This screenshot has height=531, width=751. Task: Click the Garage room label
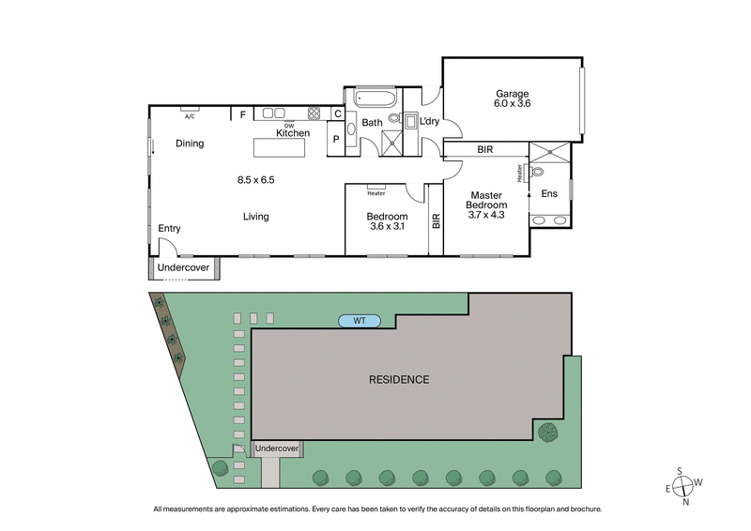tap(512, 94)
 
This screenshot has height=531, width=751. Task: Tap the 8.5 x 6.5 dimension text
tap(255, 179)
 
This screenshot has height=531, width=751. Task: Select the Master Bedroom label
tap(488, 200)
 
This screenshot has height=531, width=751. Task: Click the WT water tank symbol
tap(359, 321)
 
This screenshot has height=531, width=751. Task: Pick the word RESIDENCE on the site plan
tap(398, 380)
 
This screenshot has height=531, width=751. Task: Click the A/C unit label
tap(190, 116)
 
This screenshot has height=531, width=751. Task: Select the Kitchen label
tap(293, 134)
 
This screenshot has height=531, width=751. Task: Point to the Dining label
tap(190, 144)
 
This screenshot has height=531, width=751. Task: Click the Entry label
tap(169, 228)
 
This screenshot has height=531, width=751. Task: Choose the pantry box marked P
tap(334, 140)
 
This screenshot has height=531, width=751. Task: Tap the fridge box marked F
tap(242, 114)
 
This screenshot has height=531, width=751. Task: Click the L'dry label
tap(430, 122)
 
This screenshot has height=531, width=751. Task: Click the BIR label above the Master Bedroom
tap(484, 150)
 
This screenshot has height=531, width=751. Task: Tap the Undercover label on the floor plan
tap(183, 268)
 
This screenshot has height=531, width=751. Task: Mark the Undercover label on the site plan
tap(277, 449)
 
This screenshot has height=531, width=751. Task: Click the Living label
tap(255, 217)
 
